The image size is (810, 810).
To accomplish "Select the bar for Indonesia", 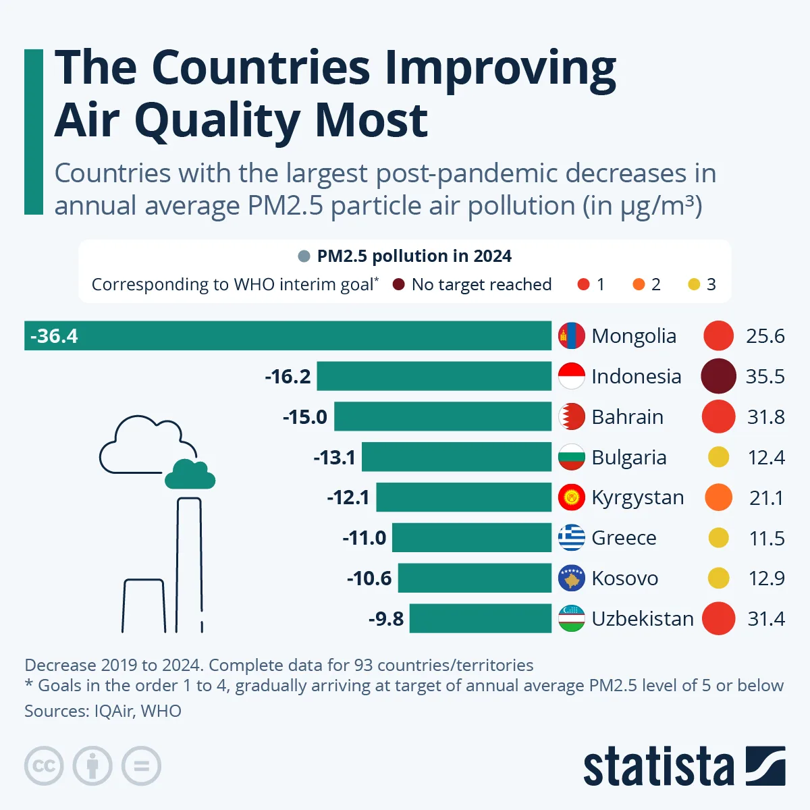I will [434, 376].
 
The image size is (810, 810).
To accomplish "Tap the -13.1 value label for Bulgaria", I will [334, 458].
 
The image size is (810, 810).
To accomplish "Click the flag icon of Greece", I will [572, 538].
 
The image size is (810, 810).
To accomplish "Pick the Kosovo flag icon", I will [572, 578].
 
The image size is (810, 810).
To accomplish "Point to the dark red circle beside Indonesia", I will [718, 376].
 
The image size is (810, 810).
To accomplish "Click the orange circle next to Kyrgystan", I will [718, 497].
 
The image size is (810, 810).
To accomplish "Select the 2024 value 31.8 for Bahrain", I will [765, 417].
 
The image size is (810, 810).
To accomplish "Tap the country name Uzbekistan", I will [642, 619].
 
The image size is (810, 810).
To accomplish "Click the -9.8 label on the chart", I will [386, 619].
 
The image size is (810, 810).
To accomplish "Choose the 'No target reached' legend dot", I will [399, 285].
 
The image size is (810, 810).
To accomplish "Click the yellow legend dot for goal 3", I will [694, 285].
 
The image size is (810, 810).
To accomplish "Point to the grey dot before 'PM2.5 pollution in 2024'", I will [304, 256].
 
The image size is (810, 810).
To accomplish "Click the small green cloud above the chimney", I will [190, 475].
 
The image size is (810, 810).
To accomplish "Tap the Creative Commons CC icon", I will [44, 766].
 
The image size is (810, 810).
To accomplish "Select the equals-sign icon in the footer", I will [141, 766].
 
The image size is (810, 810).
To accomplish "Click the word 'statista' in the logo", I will [658, 766].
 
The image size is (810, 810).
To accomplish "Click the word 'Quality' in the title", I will [217, 121].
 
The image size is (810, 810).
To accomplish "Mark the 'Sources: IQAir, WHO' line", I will [103, 711].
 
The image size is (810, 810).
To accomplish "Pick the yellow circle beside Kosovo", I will [718, 578].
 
